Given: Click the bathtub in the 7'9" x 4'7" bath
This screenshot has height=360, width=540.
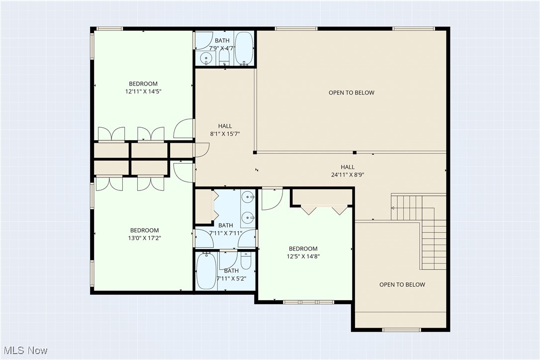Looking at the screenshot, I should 244,48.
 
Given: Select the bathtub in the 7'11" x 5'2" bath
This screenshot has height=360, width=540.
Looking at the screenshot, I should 206,271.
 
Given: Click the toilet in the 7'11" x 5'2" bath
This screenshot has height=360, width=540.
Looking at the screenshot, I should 246,261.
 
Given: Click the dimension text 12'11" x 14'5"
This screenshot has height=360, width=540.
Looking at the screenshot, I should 143,91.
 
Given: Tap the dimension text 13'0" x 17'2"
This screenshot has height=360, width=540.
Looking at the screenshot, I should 144,238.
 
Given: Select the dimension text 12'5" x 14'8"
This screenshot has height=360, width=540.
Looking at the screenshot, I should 303,257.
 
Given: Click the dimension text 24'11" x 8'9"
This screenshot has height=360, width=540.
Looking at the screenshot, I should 348,175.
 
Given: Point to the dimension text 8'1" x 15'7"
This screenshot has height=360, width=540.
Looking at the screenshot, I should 225,134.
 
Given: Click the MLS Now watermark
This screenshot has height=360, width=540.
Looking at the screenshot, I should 24,351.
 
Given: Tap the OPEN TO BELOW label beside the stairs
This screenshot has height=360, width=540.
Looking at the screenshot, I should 402,285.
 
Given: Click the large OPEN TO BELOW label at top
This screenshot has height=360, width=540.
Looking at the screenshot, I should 351,92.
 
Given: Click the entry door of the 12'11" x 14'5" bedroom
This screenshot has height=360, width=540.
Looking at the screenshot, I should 183,129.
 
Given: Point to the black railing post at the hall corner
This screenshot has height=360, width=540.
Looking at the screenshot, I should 255,152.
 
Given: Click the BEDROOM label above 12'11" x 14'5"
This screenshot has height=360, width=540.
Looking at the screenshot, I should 143,84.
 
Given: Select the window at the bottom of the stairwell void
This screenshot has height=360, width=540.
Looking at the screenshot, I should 401,329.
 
